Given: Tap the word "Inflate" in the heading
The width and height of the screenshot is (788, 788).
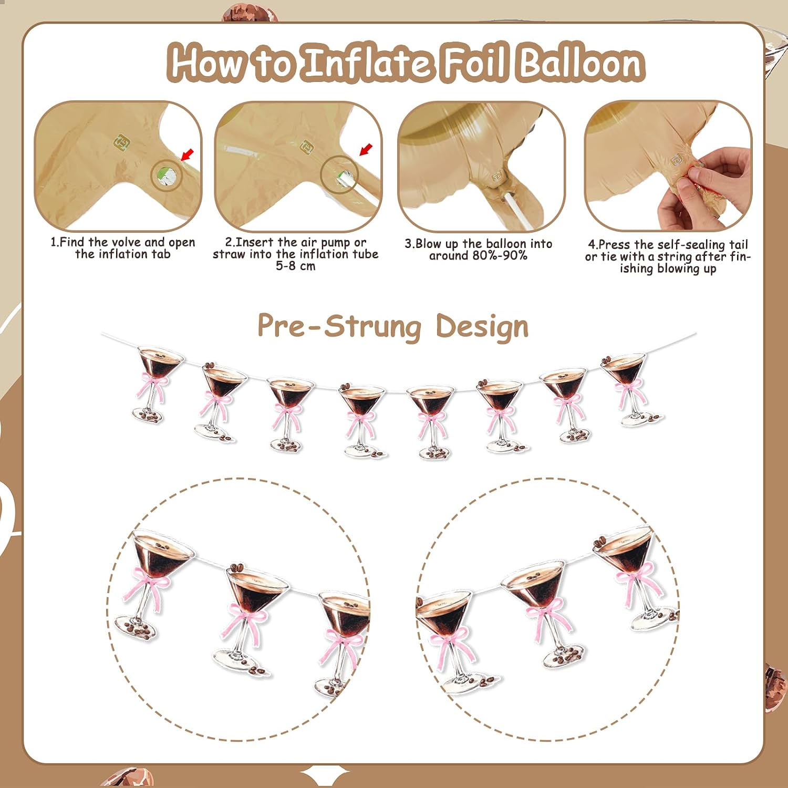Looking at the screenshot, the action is click(x=368, y=63).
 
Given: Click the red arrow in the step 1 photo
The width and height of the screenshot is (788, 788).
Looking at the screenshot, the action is click(x=187, y=154).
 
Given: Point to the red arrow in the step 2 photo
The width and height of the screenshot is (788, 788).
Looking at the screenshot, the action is click(x=366, y=149).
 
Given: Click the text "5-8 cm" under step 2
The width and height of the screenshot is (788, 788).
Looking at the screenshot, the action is click(x=296, y=266).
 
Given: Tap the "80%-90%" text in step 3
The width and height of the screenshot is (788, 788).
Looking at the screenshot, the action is click(x=501, y=256).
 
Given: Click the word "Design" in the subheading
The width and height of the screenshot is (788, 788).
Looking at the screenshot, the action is click(x=482, y=327).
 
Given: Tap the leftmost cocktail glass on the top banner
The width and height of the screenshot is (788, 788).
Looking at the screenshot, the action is click(x=156, y=383).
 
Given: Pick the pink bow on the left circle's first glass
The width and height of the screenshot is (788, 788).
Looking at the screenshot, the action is click(x=146, y=587).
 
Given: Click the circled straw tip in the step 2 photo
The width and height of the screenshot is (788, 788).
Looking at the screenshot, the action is click(x=340, y=175).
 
